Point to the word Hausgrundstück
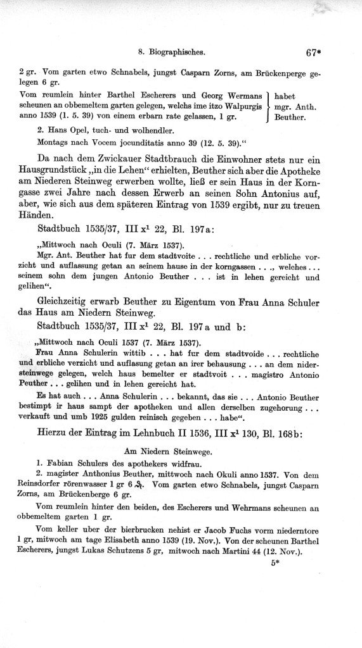click(61, 170)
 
